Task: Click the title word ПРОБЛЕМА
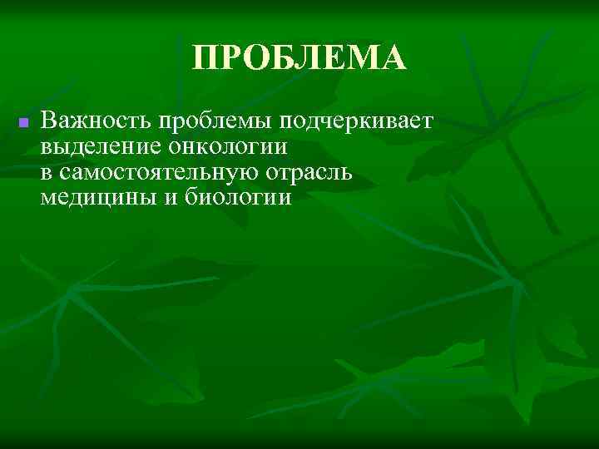click(x=299, y=58)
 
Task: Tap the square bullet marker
click(x=23, y=123)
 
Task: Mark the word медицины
click(x=94, y=199)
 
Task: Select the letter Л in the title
click(x=309, y=59)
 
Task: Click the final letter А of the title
click(x=392, y=59)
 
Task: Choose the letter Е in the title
click(x=332, y=59)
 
